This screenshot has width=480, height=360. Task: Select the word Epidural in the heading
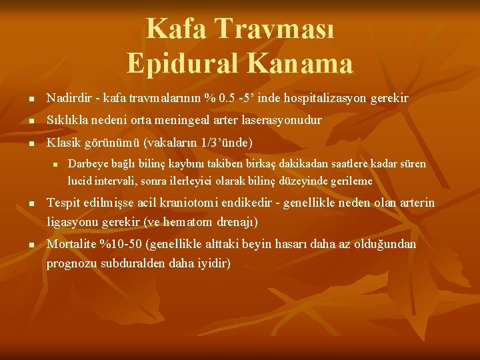[179, 63]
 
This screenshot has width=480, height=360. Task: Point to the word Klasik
[61, 143]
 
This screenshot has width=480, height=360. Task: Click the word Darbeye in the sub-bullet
[84, 163]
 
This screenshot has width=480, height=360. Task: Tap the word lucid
[77, 180]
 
